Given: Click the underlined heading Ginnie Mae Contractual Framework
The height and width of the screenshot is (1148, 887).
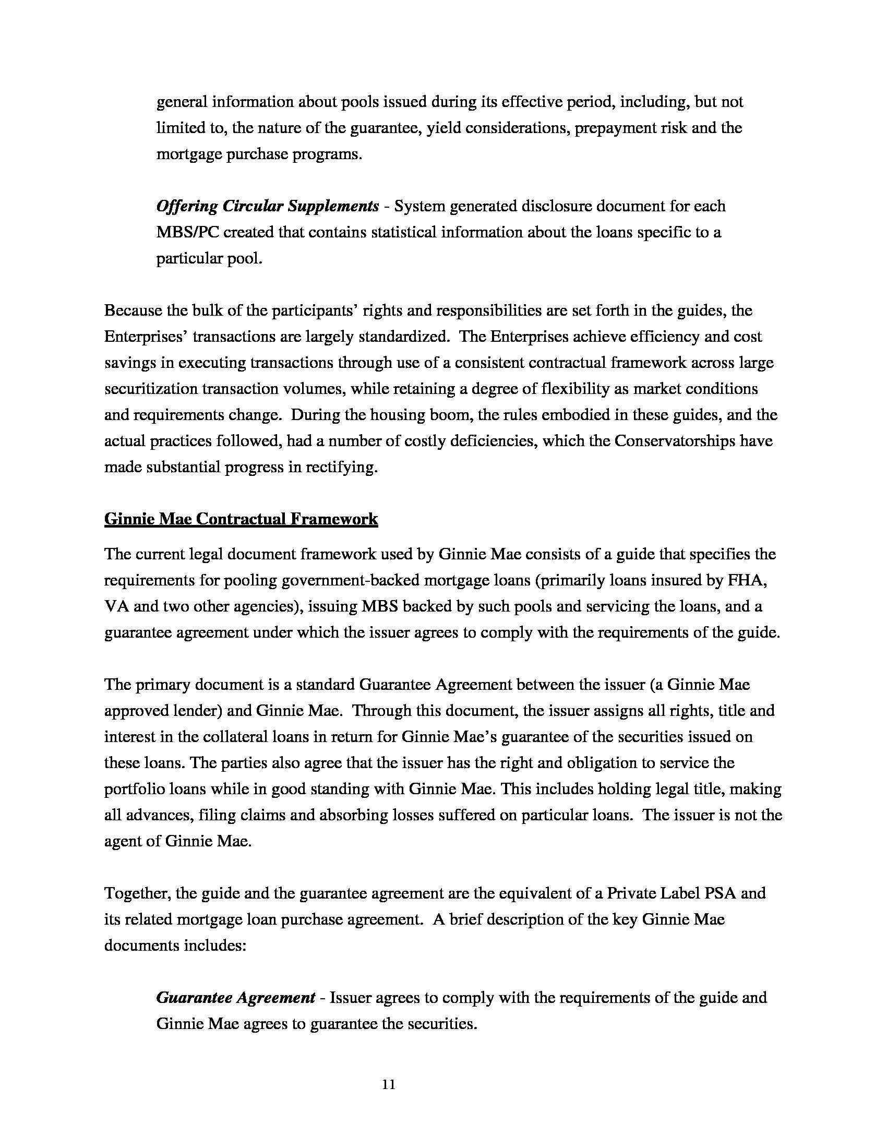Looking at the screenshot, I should pos(241,519).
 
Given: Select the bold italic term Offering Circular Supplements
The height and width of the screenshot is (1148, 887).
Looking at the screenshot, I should pos(268,206).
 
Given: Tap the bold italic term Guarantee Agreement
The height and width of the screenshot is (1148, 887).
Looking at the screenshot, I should pos(235,998).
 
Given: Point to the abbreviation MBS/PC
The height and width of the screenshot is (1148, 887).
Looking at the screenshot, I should pos(187,232).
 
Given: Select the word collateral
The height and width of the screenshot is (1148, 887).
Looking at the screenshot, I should pos(250,737).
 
